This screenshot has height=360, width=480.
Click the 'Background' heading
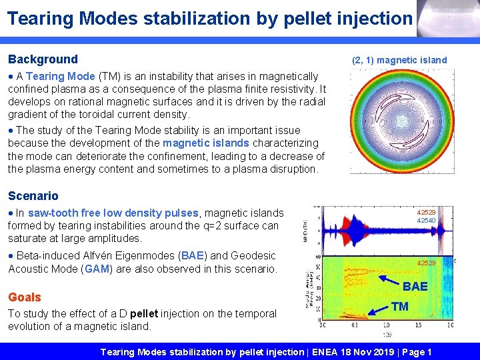pos(43,59)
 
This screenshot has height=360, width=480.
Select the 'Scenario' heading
pos(33,196)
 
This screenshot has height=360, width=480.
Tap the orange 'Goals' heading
pos(25,297)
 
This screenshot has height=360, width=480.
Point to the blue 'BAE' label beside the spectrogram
pos(415,286)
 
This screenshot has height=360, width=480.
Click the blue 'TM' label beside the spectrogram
pos(400,307)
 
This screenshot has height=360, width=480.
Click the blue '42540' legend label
pos(426,221)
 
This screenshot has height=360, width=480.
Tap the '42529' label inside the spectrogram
pos(426,263)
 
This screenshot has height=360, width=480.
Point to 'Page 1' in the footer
pos(415,352)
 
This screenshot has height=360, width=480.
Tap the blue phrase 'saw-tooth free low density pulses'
pos(113,213)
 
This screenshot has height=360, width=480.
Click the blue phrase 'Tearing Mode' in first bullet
pos(60,76)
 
